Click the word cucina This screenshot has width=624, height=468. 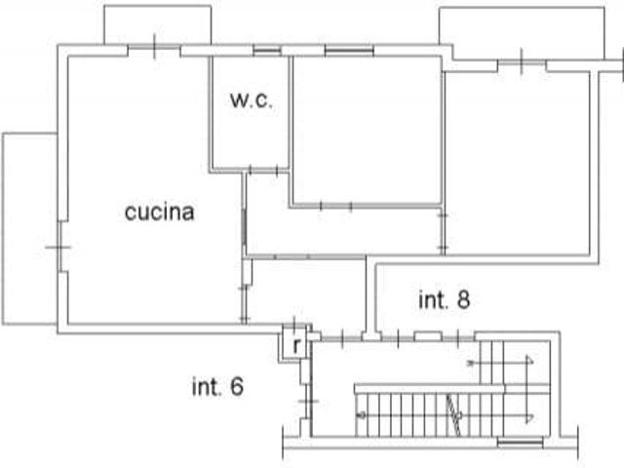[x=160, y=212]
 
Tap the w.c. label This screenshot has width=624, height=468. [x=252, y=99]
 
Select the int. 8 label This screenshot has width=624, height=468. [x=445, y=299]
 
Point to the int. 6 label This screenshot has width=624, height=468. [x=217, y=386]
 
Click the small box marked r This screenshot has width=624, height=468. [x=295, y=343]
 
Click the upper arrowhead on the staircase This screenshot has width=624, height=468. [x=529, y=362]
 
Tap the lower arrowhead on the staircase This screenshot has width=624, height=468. [x=529, y=417]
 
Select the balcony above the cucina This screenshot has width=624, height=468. [x=158, y=24]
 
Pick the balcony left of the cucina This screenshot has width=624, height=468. [x=30, y=229]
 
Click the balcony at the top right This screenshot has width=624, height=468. [x=522, y=33]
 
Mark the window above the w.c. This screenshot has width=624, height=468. [x=267, y=51]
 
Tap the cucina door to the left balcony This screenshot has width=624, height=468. [x=59, y=247]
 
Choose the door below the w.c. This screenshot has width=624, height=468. [x=263, y=171]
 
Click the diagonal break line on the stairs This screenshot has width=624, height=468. [x=453, y=415]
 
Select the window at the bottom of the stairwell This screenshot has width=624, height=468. [x=521, y=442]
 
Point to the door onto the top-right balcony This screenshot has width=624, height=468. [x=522, y=62]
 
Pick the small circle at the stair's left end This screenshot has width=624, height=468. [x=362, y=415]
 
